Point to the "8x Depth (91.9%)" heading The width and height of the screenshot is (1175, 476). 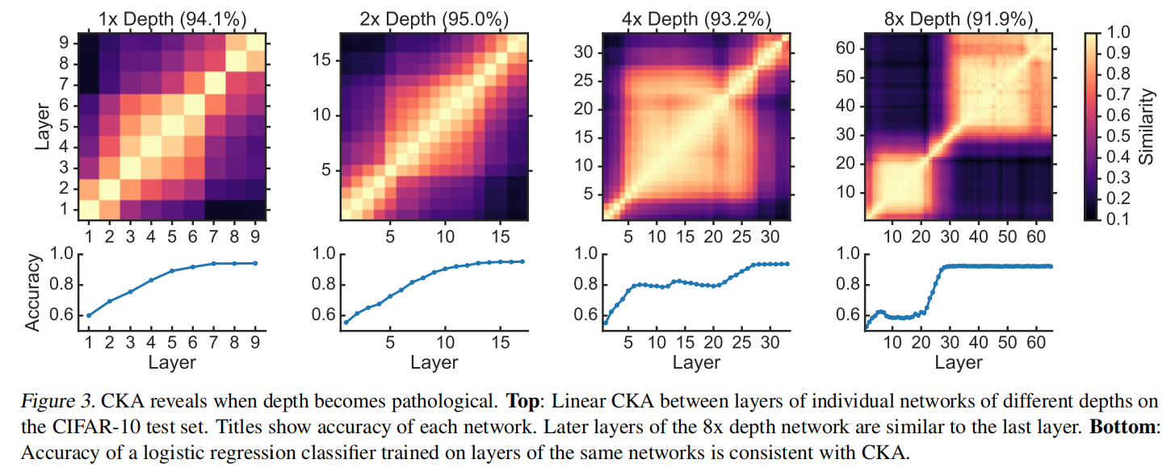pyautogui.click(x=959, y=18)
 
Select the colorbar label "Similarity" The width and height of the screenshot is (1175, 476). pyautogui.click(x=1148, y=126)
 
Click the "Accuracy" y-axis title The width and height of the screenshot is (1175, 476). pyautogui.click(x=33, y=293)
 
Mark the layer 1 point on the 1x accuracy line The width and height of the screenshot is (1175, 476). pyautogui.click(x=89, y=315)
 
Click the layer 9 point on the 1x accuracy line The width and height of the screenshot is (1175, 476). pyautogui.click(x=256, y=263)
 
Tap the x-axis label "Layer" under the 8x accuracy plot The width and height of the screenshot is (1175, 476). pyautogui.click(x=959, y=363)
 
